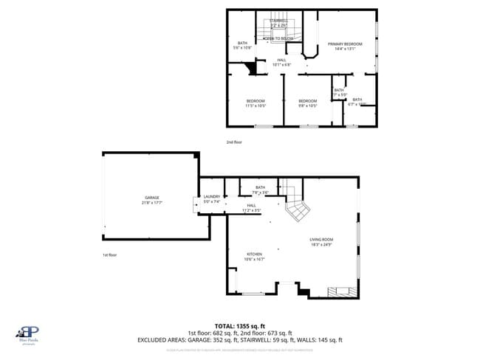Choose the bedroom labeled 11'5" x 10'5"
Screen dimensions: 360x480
(256, 103)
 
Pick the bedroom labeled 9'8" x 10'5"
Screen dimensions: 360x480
(307, 103)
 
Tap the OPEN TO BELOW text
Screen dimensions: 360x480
(279, 38)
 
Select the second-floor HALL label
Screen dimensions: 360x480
(281, 62)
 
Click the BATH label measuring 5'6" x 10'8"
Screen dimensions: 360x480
(242, 45)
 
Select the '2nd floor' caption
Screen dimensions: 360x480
(234, 142)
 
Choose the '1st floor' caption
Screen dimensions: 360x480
(109, 255)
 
